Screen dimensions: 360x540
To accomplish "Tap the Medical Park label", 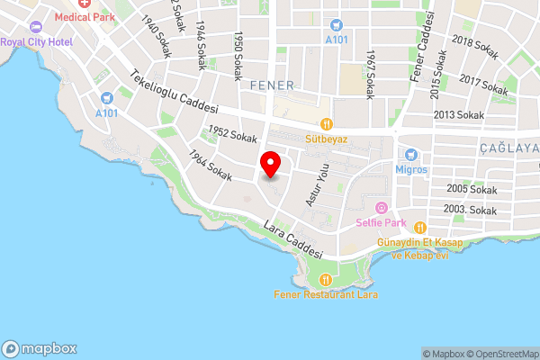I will [x=84, y=16].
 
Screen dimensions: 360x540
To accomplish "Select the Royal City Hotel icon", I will [x=35, y=29].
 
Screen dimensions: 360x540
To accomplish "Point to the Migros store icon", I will [x=410, y=154].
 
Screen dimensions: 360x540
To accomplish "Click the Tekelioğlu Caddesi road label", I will [x=175, y=93].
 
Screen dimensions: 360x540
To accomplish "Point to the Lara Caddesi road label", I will [x=293, y=241].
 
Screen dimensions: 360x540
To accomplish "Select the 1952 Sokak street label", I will [x=231, y=134].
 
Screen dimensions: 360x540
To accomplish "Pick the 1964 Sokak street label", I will [x=211, y=166].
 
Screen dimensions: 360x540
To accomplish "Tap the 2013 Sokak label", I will [x=459, y=115].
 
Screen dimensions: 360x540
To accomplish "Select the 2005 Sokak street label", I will [x=472, y=190].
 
